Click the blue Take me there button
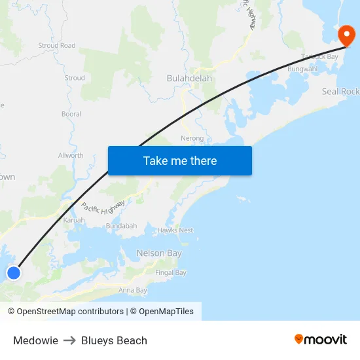(x=180, y=160)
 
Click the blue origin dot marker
(x=13, y=272)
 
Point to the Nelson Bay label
(x=159, y=253)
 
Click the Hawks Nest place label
(x=175, y=230)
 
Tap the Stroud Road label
(x=57, y=46)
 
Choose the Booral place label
(x=71, y=114)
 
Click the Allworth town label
(x=71, y=156)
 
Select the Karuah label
(x=73, y=220)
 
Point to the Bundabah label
(x=121, y=226)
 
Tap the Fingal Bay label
(x=171, y=272)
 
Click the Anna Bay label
(x=133, y=290)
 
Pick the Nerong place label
(x=192, y=138)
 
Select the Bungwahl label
(x=302, y=69)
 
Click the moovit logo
(x=321, y=340)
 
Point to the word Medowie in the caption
(x=35, y=340)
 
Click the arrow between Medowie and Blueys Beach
(x=69, y=340)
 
